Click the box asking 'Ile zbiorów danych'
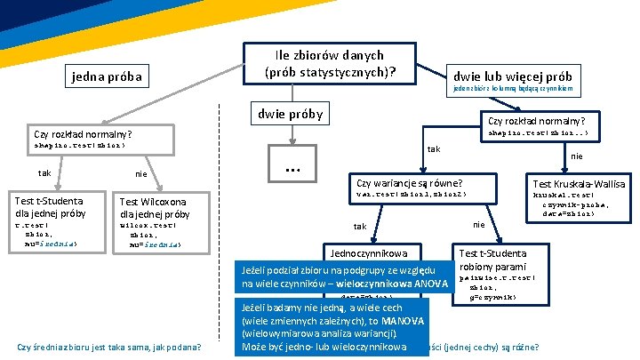[330, 63]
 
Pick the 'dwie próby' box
[290, 114]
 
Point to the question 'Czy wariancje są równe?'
[412, 180]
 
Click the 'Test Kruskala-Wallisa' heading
[578, 183]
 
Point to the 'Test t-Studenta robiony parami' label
[492, 260]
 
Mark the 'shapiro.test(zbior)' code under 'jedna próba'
[80, 145]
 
